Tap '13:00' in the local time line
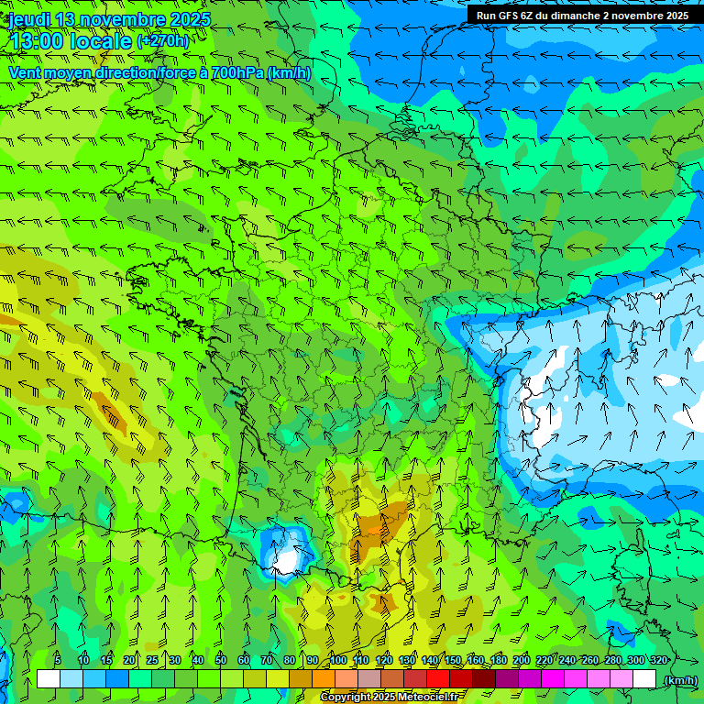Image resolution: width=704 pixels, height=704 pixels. click(36, 41)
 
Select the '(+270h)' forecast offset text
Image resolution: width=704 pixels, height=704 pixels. click(163, 41)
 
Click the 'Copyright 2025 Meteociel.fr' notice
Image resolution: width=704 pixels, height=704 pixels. click(392, 698)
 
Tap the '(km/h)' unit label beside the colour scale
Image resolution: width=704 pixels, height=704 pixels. click(681, 680)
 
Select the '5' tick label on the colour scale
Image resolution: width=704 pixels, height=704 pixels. click(58, 660)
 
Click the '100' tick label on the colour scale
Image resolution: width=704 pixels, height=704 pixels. click(338, 660)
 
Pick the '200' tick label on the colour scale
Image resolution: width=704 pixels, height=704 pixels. click(522, 660)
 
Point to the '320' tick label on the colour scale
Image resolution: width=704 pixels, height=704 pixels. click(659, 660)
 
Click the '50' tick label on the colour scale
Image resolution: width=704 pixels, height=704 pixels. click(221, 660)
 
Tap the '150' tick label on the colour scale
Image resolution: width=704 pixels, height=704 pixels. click(453, 660)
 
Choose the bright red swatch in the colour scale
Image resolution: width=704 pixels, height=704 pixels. click(438, 679)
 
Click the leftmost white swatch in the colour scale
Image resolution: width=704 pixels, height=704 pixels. click(49, 679)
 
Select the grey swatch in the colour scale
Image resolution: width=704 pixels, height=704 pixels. click(369, 679)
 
